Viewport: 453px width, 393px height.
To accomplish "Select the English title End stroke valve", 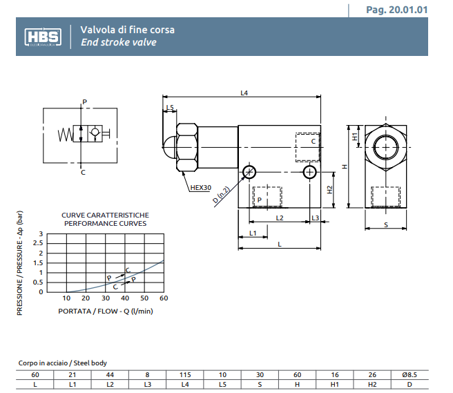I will [118, 43].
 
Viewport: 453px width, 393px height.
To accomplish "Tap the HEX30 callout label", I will [200, 187].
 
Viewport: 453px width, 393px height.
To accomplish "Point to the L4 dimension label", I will [244, 93].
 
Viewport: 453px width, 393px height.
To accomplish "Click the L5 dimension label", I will [170, 107].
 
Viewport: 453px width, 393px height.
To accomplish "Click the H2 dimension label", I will [330, 190].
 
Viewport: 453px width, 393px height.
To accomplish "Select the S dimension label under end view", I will [385, 224].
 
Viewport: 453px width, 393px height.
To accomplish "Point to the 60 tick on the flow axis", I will [164, 298].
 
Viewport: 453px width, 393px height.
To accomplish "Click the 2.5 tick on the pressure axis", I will [41, 244].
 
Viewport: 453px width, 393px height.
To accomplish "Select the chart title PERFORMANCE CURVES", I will [105, 224].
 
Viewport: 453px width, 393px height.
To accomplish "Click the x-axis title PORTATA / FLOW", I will [105, 311].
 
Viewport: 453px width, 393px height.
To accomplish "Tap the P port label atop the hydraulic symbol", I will [84, 102].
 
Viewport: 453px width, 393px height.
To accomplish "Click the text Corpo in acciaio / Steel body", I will [62, 363].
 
